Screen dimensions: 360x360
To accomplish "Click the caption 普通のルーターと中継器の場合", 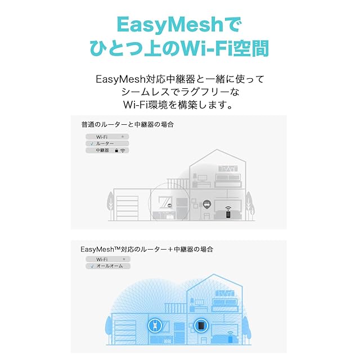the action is (x=127, y=124).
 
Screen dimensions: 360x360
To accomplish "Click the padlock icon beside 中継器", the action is (x=116, y=150).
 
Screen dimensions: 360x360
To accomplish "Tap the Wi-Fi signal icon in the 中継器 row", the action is (x=123, y=150).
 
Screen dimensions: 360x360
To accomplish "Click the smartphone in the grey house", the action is (x=228, y=214).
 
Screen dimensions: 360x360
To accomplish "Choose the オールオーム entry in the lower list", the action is (x=111, y=265).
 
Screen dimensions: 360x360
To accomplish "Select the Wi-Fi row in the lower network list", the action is (x=107, y=259).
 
